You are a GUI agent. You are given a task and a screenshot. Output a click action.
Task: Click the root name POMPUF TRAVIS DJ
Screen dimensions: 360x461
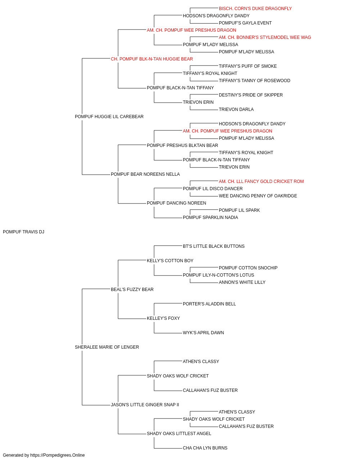point(23,232)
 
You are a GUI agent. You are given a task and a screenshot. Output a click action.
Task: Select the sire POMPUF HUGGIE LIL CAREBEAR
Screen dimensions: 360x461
point(109,117)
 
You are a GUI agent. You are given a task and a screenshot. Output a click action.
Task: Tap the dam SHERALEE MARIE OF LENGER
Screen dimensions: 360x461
point(107,347)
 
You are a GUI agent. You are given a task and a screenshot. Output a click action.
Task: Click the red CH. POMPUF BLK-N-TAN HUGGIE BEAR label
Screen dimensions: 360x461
point(152,59)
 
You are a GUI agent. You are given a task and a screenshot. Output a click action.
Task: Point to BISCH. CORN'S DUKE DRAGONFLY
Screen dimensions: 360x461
point(255,9)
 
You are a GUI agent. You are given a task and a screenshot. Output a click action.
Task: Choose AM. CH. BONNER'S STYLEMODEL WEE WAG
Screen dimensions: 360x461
point(265,37)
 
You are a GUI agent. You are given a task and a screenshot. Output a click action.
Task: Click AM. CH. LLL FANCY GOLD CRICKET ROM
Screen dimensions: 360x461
point(261,182)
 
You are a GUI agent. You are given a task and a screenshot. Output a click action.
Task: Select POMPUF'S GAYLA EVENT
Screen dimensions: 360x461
point(245,23)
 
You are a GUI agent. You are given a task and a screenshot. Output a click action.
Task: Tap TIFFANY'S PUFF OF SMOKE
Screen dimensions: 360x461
point(248,66)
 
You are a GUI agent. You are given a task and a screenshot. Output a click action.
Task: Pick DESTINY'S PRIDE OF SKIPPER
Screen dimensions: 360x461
point(251,95)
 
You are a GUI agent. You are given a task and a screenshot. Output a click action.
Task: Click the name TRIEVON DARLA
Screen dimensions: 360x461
point(236,109)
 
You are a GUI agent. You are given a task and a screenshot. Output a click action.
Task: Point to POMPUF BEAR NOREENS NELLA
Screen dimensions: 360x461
point(145,174)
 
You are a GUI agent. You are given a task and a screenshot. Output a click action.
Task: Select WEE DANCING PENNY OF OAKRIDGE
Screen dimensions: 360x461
point(258,196)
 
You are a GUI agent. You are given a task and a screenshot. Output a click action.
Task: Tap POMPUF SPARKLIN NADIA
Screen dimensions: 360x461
point(210,218)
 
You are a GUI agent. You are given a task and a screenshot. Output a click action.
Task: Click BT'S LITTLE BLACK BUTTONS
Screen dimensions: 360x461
point(213,246)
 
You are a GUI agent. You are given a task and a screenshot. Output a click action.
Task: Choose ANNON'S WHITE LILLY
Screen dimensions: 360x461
point(242,282)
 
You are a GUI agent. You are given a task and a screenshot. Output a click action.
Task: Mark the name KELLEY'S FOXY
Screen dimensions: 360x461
point(163,318)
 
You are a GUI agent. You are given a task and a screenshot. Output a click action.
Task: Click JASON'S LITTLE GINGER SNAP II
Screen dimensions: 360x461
point(145,405)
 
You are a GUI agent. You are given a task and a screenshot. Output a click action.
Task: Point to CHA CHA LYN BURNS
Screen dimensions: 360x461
point(205,448)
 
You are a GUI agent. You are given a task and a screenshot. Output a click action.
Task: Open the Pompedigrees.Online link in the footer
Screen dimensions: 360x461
point(58,455)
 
